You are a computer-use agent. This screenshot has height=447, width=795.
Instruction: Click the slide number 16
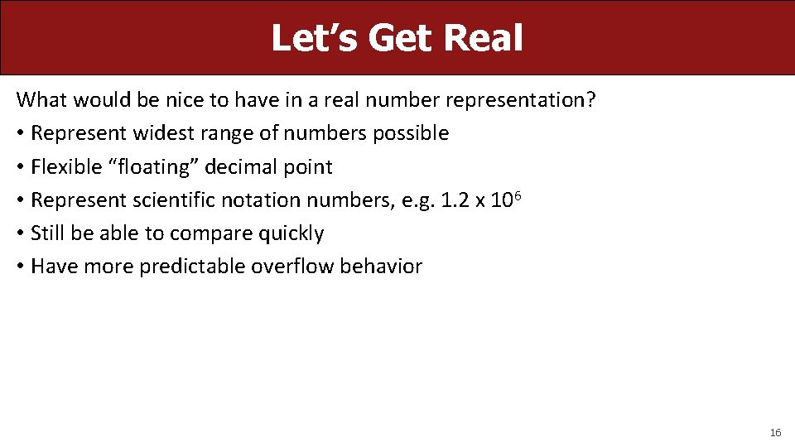(x=775, y=433)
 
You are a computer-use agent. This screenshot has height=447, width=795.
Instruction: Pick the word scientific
(x=176, y=200)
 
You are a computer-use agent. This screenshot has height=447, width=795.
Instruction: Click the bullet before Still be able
(x=20, y=233)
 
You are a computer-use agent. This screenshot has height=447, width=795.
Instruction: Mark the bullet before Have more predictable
(x=20, y=267)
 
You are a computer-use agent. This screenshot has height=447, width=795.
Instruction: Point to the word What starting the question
(x=41, y=100)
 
